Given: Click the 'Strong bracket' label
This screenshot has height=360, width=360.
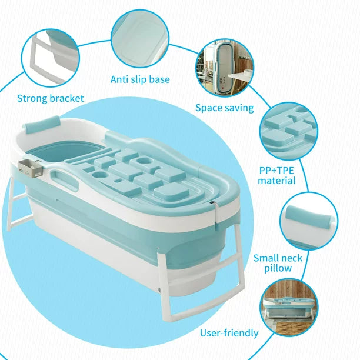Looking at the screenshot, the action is (x=50, y=98).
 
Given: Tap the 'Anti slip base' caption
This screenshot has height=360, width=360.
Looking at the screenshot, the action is (x=140, y=79).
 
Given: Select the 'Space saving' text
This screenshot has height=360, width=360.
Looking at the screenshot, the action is (x=225, y=108).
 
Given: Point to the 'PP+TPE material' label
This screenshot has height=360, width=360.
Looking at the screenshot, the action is (x=276, y=175).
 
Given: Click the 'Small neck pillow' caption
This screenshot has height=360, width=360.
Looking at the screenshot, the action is (x=278, y=263).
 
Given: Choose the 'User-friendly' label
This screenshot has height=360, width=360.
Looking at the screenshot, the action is (x=229, y=333).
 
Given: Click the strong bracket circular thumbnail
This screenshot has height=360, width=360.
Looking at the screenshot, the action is (x=50, y=58).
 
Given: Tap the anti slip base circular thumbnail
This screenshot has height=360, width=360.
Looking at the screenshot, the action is (x=140, y=39).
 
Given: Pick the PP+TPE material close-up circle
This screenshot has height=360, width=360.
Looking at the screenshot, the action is (x=289, y=131).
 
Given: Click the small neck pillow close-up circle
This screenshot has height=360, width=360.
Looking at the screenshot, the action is (x=309, y=221).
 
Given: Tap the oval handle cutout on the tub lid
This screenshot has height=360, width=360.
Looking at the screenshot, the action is (x=65, y=178).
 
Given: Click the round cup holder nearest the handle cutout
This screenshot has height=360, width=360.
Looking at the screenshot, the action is (x=100, y=175).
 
